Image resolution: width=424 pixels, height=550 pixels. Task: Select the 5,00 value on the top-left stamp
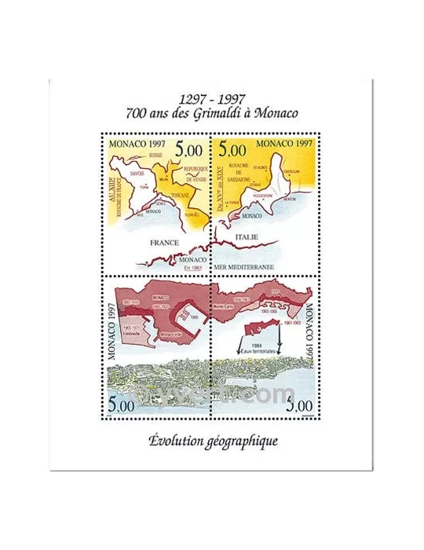[188, 148]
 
